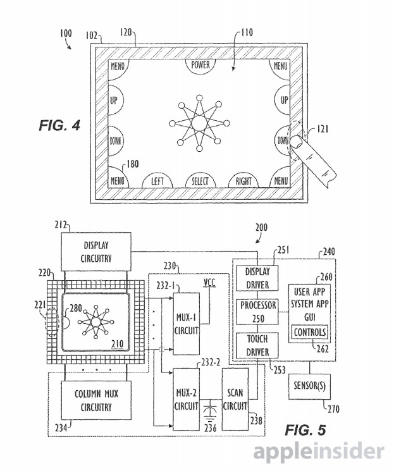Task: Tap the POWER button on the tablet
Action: pos(200,66)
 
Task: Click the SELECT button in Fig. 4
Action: pos(200,181)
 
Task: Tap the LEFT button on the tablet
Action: pos(157,181)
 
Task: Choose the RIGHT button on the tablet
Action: pos(243,181)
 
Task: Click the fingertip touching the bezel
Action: pos(298,142)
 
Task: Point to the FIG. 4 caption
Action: pos(59,125)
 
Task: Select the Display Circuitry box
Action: pos(96,252)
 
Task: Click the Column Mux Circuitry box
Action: pos(96,400)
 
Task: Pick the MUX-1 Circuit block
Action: pos(186,324)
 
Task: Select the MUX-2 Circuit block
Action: pos(186,399)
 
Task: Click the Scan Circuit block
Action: pos(235,399)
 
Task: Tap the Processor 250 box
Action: pos(257,312)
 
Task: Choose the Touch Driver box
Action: pos(257,345)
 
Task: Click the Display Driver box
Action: pos(257,278)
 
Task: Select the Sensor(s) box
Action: pos(309,387)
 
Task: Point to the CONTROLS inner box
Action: pos(310,332)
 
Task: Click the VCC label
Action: pos(210,283)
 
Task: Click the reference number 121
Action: pos(323,129)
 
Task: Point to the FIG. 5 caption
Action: pos(305,430)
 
